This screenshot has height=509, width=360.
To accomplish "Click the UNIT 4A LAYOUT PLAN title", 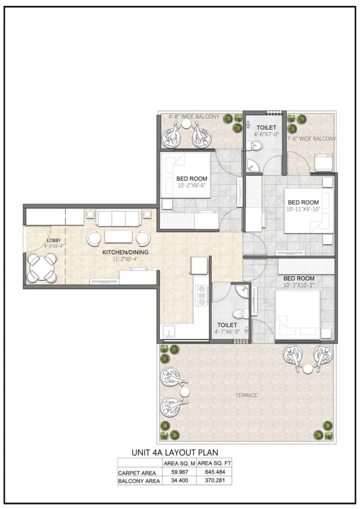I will click(175, 453).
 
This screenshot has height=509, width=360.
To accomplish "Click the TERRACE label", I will click(247, 395).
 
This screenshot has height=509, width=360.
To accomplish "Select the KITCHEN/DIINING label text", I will click(125, 252).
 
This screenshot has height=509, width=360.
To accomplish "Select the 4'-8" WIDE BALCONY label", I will click(193, 117).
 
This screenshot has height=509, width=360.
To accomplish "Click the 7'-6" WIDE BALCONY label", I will click(311, 139).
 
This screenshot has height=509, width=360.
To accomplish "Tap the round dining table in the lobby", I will click(41, 268).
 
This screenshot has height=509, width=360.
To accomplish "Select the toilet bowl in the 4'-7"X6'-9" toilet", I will click(238, 314).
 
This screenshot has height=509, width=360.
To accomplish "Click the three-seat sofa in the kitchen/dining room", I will click(118, 218).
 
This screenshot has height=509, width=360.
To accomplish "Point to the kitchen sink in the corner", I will click(167, 332).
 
